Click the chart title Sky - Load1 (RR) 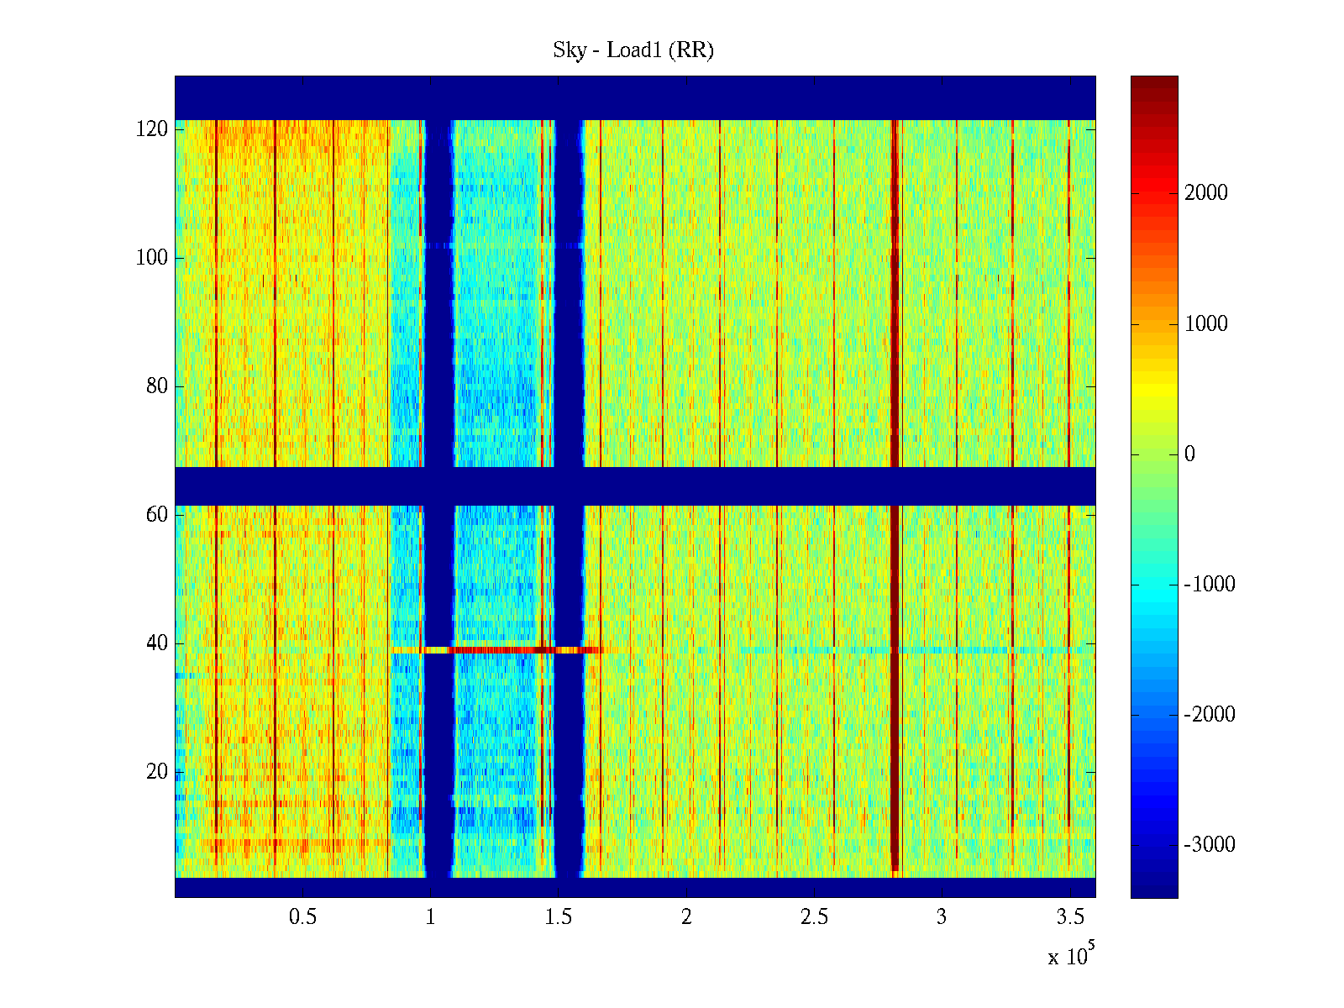click(x=633, y=50)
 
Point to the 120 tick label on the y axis click(x=152, y=129)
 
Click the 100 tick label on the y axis click(x=152, y=258)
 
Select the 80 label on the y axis click(x=157, y=386)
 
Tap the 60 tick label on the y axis click(x=157, y=515)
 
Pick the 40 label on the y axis click(x=157, y=643)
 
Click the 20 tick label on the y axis click(x=157, y=772)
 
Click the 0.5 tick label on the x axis click(x=302, y=917)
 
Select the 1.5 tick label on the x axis click(x=558, y=917)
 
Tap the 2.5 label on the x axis click(x=814, y=917)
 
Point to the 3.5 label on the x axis click(x=1069, y=917)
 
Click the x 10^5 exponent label click(x=1070, y=955)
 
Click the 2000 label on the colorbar click(x=1206, y=193)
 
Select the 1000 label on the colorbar click(x=1206, y=324)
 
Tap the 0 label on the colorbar click(x=1189, y=454)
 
